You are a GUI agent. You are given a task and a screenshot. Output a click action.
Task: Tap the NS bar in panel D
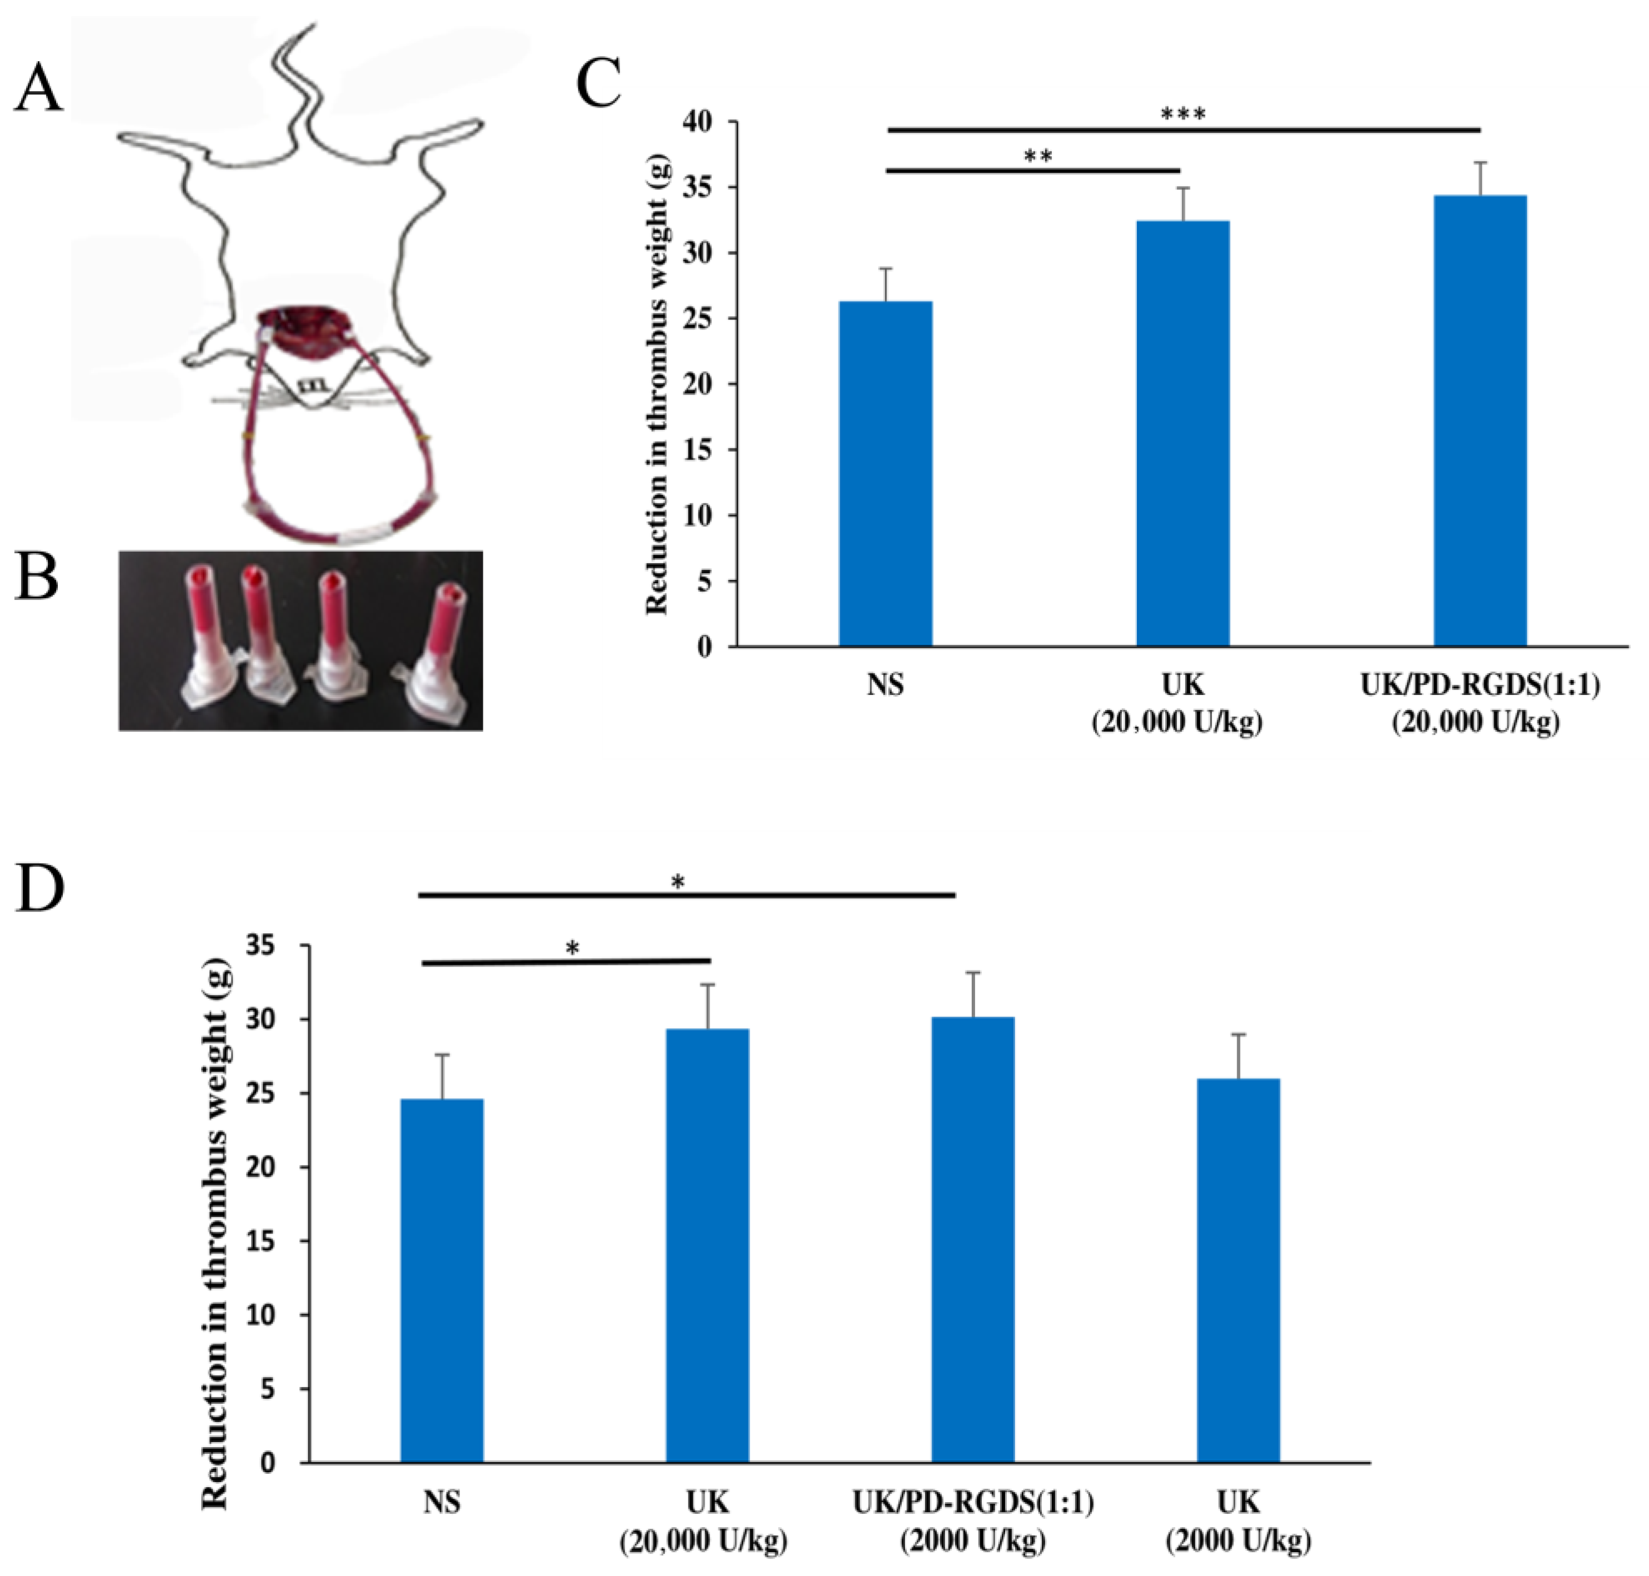click(x=441, y=1280)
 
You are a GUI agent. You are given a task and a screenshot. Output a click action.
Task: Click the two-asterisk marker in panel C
click(x=1038, y=156)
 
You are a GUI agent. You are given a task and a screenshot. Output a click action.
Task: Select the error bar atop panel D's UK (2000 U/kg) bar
click(x=1238, y=1056)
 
